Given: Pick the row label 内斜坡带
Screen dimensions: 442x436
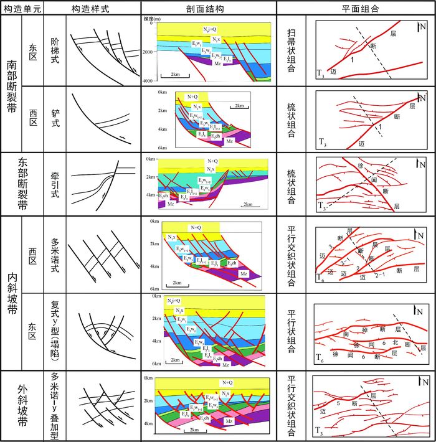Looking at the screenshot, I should (12, 293).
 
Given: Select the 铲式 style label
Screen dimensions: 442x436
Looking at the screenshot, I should (54, 118).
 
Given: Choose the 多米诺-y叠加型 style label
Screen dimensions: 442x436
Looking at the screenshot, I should (54, 405).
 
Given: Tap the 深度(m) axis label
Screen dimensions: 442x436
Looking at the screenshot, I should (153, 19).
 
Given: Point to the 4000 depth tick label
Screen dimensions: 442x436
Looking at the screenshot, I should (147, 82).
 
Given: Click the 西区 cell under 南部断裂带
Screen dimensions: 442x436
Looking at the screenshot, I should (33, 118).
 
